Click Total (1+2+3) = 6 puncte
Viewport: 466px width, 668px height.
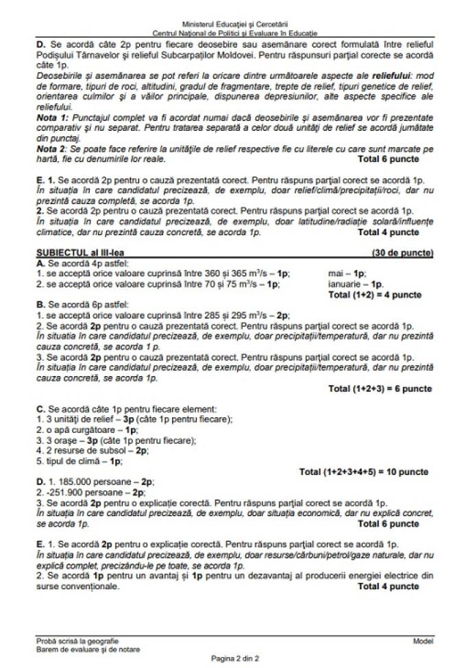pos(380,389)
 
